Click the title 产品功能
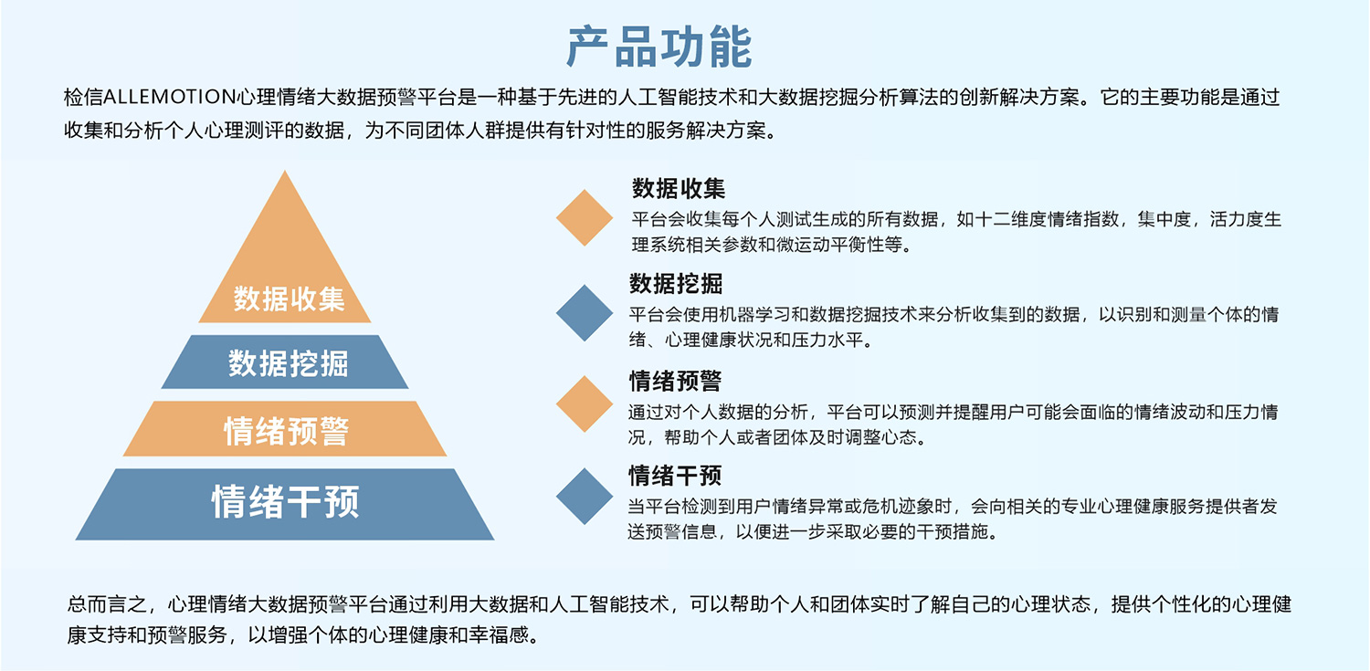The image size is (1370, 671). click(x=659, y=47)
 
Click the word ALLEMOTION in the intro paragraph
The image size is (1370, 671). click(x=169, y=97)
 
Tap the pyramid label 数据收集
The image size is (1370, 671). click(x=289, y=299)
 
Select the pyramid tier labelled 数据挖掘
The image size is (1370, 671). click(x=285, y=362)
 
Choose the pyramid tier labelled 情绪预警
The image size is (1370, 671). click(x=285, y=428)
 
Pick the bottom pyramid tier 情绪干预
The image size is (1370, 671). click(x=285, y=504)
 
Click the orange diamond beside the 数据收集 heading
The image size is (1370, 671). click(x=585, y=217)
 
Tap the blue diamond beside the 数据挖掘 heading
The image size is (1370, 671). click(x=585, y=313)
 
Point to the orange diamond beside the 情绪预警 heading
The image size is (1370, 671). click(x=585, y=404)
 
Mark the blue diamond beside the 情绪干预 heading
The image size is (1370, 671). click(x=585, y=497)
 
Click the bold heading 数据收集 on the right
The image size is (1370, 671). click(x=679, y=188)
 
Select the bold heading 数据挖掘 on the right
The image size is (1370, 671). click(x=676, y=284)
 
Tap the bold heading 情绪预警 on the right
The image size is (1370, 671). click(x=675, y=381)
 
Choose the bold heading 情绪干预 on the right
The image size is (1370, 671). click(x=675, y=476)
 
